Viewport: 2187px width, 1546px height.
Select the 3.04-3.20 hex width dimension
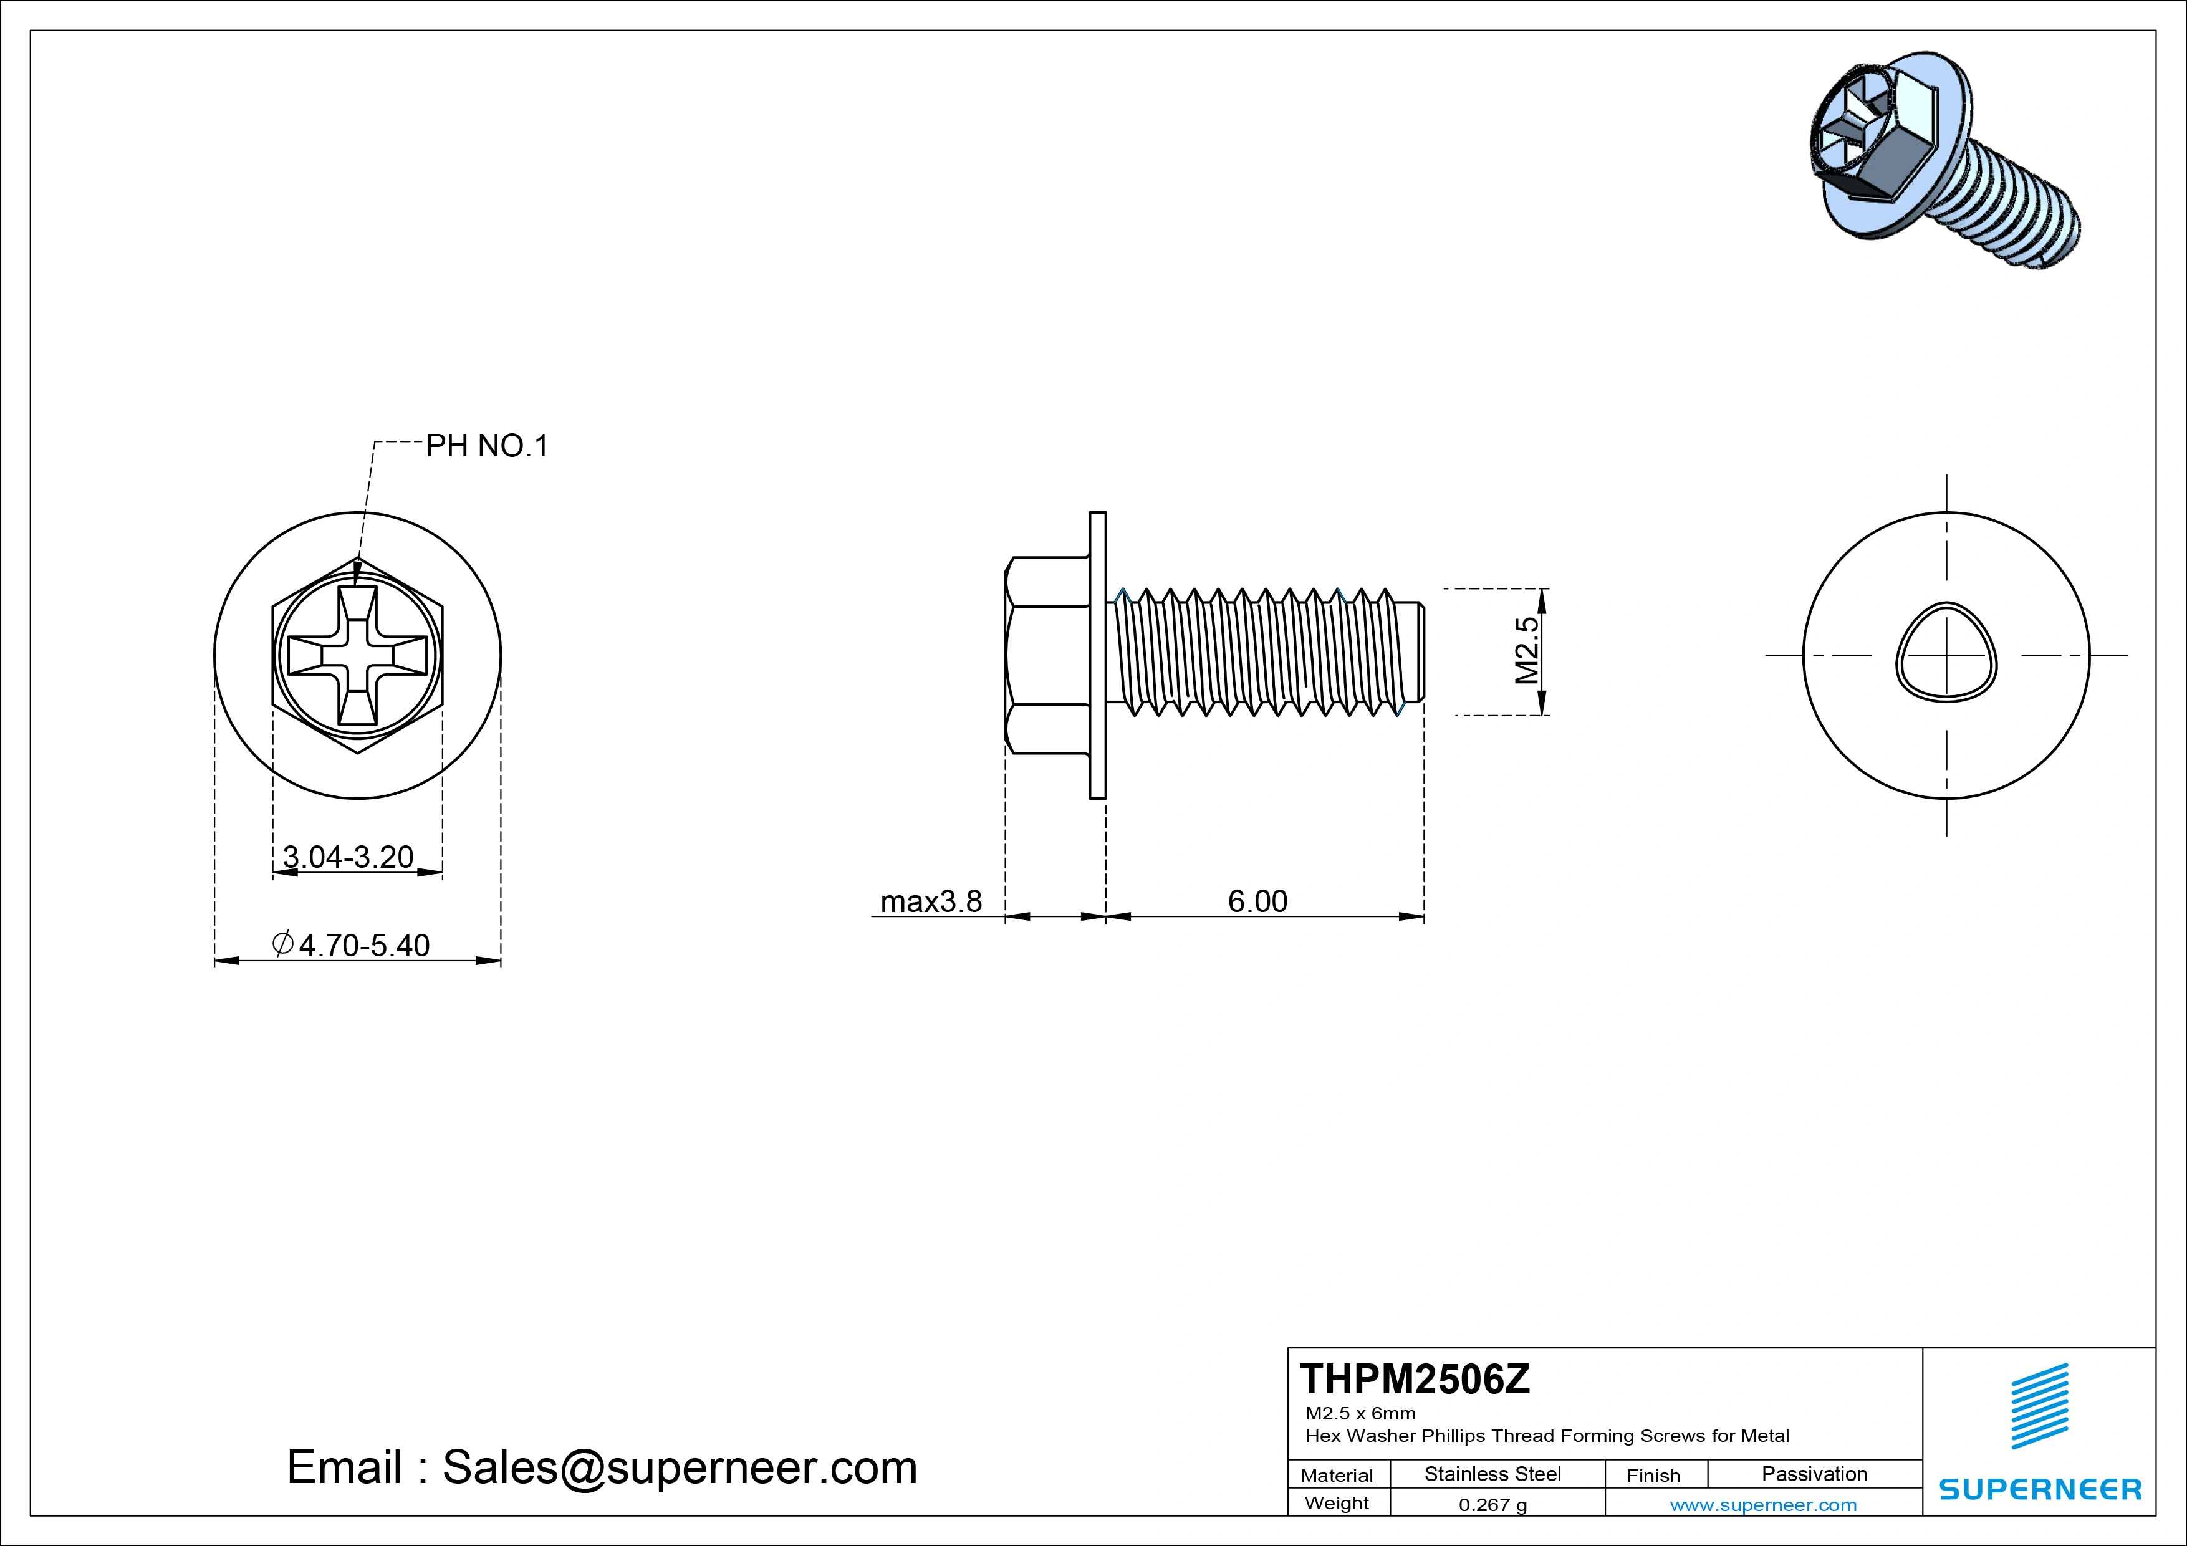pos(348,857)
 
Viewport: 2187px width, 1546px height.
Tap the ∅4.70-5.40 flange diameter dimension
pos(352,945)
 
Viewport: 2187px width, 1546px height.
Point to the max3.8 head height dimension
pos(931,901)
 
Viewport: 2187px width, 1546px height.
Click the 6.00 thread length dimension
pos(1257,901)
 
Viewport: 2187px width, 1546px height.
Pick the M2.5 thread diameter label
pos(1526,651)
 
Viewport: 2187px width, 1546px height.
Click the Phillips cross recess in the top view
pos(357,655)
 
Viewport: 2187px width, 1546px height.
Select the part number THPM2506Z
pos(1415,1380)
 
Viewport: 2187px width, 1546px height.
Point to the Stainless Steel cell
pos(1492,1474)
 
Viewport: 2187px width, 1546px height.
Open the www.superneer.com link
pos(1763,1505)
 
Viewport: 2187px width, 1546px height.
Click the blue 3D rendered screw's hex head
pos(1857,143)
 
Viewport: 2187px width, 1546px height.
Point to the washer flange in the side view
pos(1097,655)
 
